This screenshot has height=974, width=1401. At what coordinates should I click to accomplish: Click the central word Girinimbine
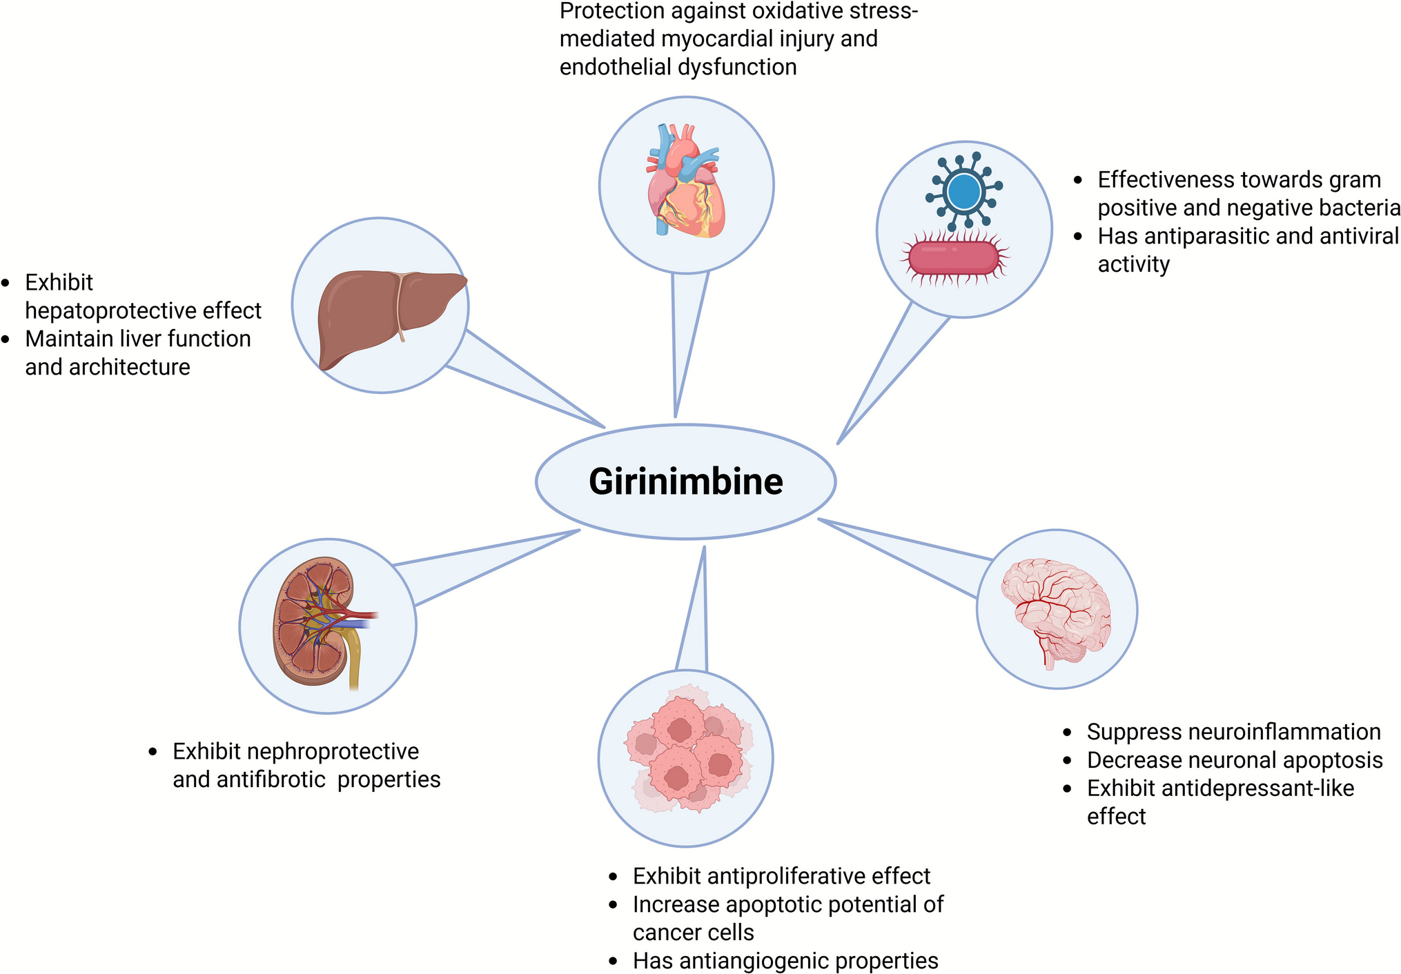click(685, 481)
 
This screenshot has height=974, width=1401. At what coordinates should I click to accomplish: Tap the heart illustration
click(685, 183)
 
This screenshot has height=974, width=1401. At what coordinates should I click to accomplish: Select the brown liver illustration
click(386, 314)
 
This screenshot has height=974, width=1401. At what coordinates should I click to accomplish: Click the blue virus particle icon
click(964, 192)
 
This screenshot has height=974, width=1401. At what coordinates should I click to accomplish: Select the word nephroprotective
click(334, 751)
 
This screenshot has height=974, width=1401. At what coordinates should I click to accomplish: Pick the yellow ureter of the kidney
click(354, 662)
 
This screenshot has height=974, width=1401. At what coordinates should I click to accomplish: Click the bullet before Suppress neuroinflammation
click(1068, 733)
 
